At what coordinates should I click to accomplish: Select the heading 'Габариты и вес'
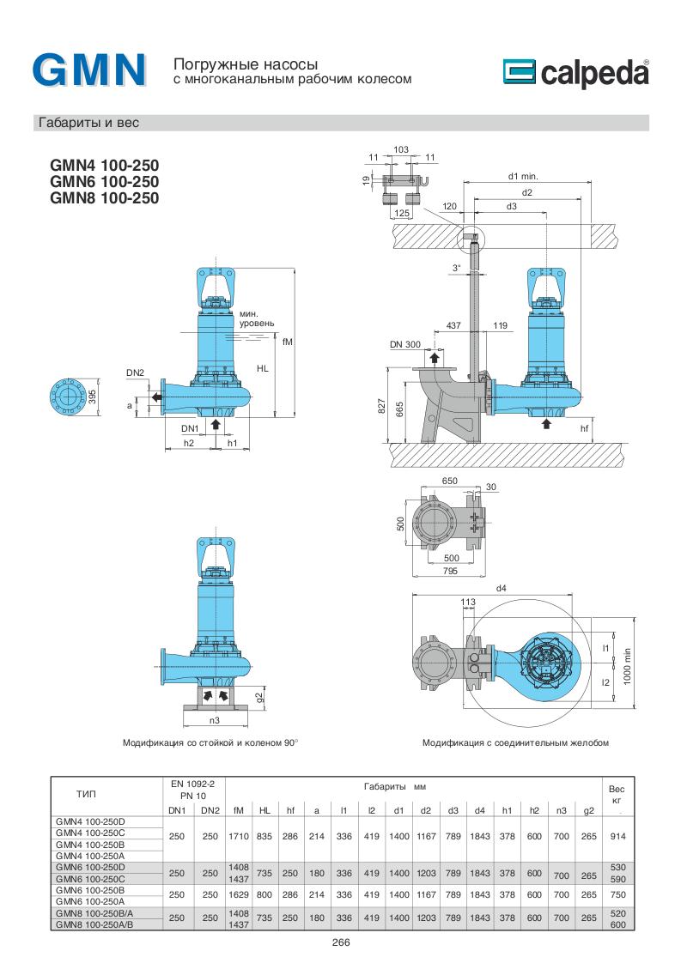coord(87,123)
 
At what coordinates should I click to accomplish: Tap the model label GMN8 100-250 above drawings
coord(105,196)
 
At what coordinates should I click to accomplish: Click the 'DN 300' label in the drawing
coord(404,344)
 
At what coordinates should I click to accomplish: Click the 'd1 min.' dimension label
coord(521,176)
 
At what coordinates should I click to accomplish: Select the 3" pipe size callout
coord(457,268)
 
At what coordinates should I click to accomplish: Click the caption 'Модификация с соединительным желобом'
coord(514,742)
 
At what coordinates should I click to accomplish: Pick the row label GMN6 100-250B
coord(89,891)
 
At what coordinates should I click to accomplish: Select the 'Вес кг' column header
coord(616,793)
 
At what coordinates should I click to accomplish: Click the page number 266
coord(341,942)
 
